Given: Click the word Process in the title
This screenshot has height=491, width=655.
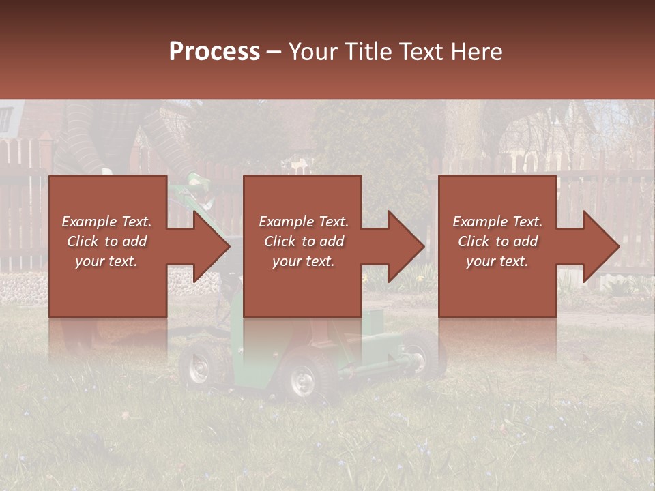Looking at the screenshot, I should [214, 51].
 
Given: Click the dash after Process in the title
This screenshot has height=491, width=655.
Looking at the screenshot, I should [274, 53].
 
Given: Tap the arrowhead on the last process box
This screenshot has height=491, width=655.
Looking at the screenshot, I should [600, 246].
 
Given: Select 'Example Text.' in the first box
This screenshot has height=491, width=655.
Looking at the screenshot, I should [106, 222].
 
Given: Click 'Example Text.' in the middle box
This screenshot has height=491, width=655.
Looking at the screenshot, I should [304, 222].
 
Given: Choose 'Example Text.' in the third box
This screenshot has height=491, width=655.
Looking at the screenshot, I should [497, 222].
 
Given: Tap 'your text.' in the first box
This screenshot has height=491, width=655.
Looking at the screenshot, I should [106, 261].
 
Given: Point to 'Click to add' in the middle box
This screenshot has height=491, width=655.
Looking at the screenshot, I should [304, 241].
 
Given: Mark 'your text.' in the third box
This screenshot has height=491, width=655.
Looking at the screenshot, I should [497, 261].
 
